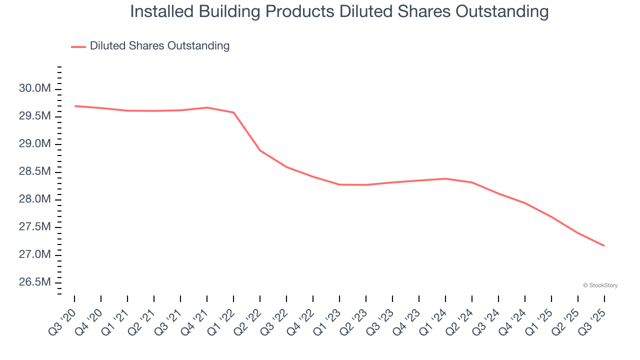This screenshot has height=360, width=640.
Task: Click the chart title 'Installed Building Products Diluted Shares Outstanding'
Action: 339,11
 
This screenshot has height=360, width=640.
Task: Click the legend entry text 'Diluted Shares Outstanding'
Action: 159,46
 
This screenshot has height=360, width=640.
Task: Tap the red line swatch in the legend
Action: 78,46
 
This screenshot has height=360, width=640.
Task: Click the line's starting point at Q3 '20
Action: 75,106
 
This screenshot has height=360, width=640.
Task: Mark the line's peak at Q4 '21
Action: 207,107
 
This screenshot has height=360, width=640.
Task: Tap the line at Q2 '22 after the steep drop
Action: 260,150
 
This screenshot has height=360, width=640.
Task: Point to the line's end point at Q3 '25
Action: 604,245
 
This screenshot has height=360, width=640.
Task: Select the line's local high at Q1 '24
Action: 445,178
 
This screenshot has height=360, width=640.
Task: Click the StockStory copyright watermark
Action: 600,285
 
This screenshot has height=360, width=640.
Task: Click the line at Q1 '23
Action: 339,184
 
